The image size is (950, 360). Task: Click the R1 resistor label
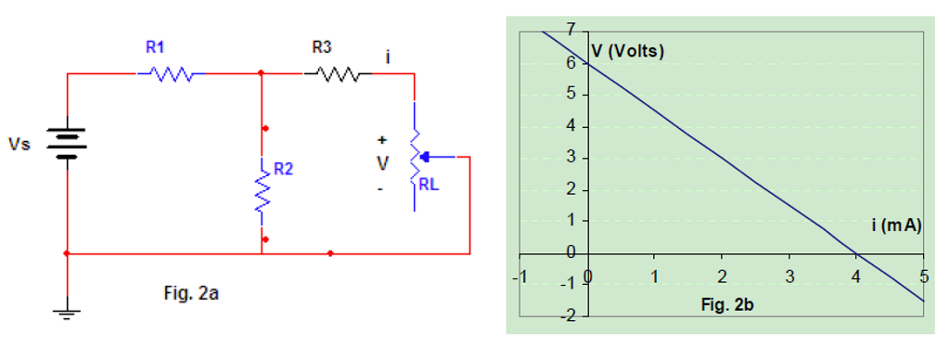point(156,47)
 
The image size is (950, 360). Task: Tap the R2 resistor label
point(284,170)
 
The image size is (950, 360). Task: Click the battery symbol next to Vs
point(67,143)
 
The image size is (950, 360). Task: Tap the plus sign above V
point(380,140)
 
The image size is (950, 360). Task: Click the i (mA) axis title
point(895,225)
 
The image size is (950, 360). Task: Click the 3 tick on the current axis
point(790,276)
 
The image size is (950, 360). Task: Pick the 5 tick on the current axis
point(923,276)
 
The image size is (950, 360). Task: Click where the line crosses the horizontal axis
point(855,253)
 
